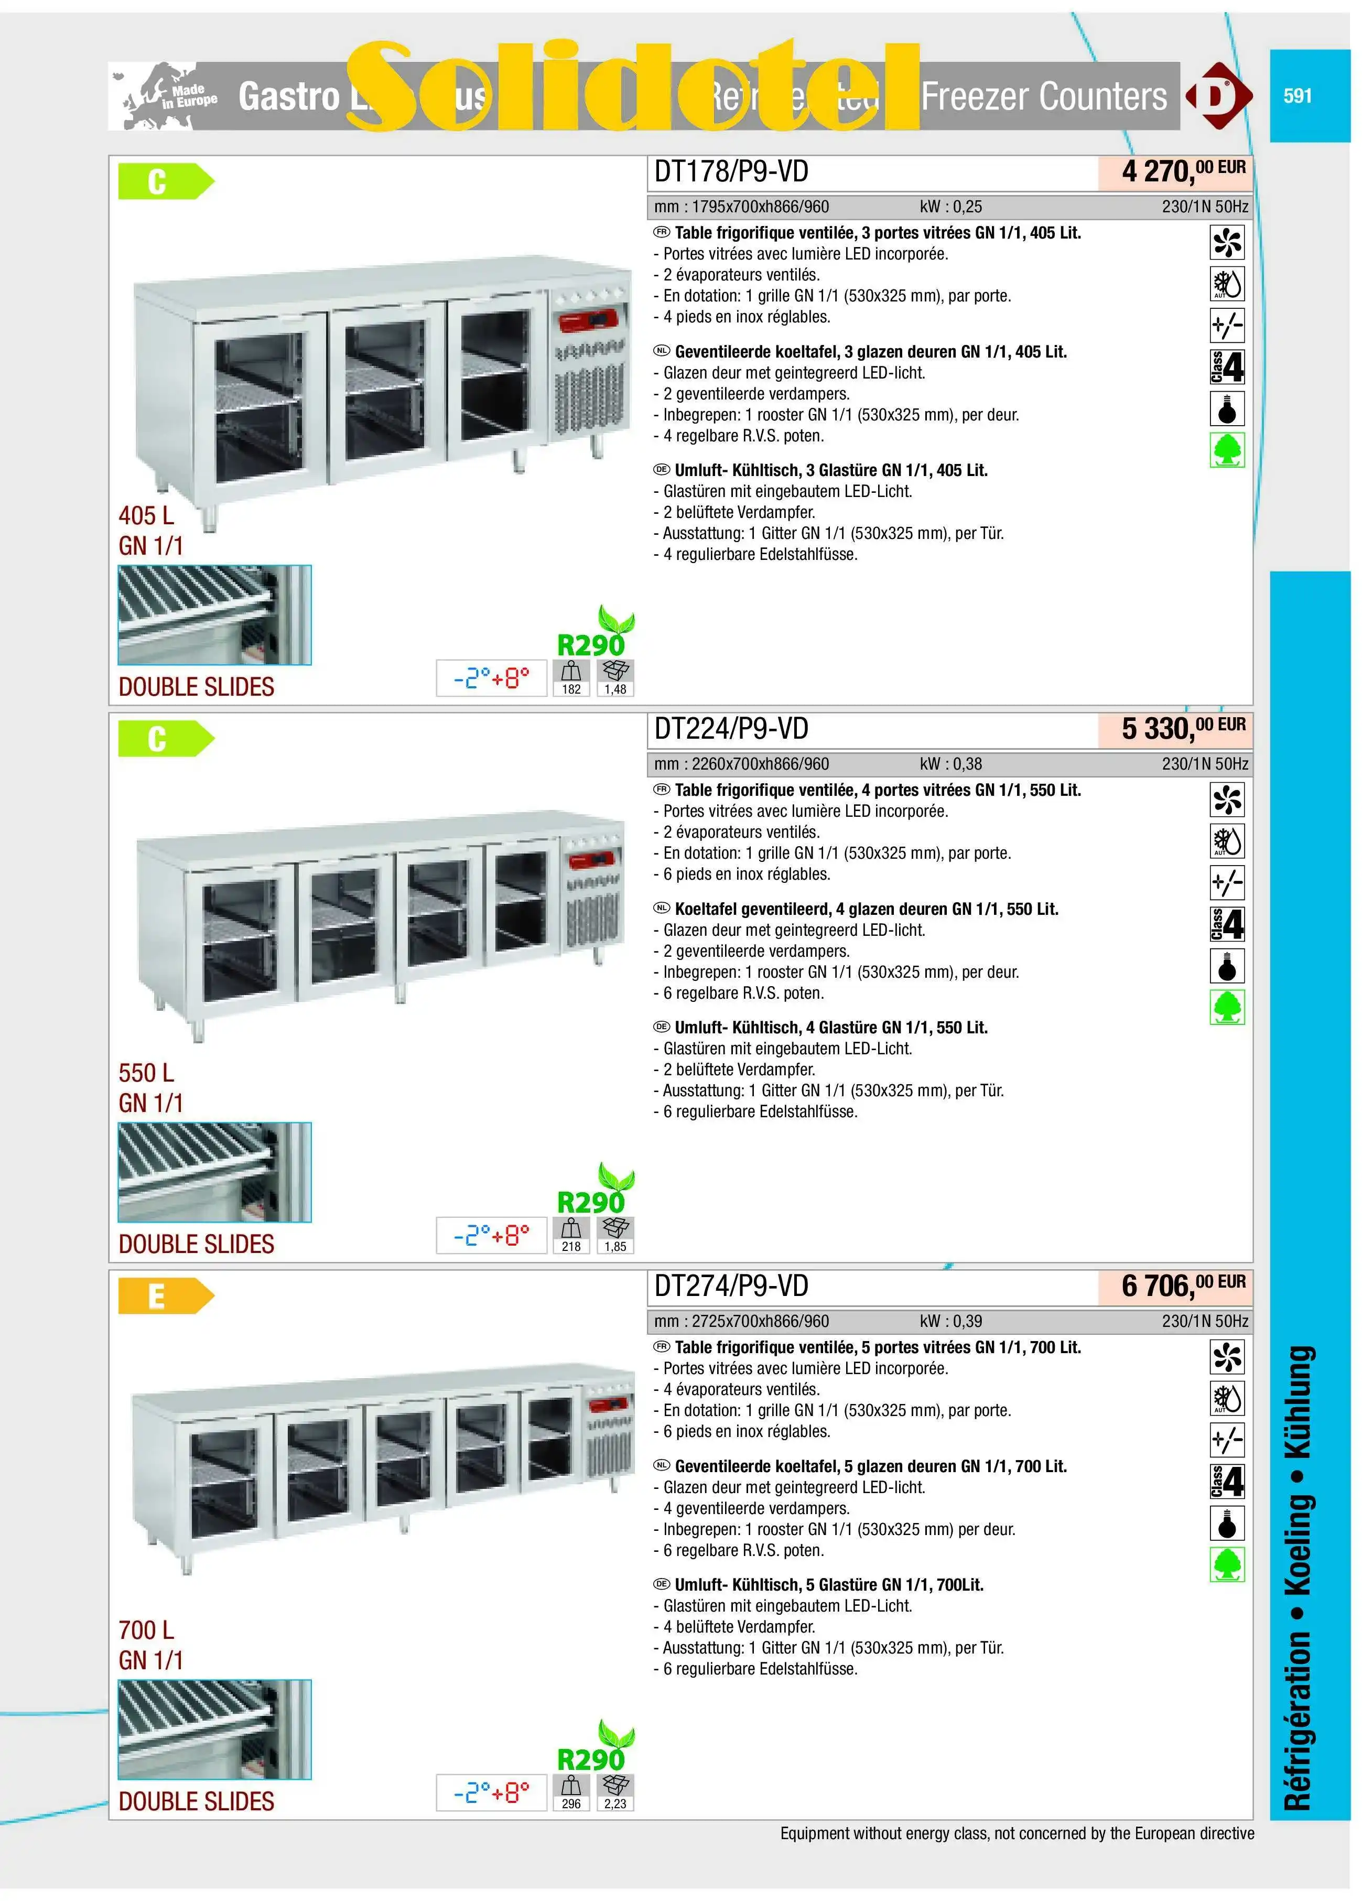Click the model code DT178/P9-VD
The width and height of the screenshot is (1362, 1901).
[731, 172]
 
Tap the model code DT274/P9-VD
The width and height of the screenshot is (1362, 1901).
[731, 1286]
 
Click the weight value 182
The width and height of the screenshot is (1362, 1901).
[571, 689]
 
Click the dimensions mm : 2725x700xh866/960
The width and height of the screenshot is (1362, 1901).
[742, 1321]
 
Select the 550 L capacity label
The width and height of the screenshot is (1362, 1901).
[147, 1073]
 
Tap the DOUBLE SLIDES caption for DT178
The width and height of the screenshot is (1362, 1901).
[196, 687]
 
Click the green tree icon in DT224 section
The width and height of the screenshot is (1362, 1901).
[1227, 1008]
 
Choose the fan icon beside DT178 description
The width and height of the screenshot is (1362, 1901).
[1227, 242]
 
